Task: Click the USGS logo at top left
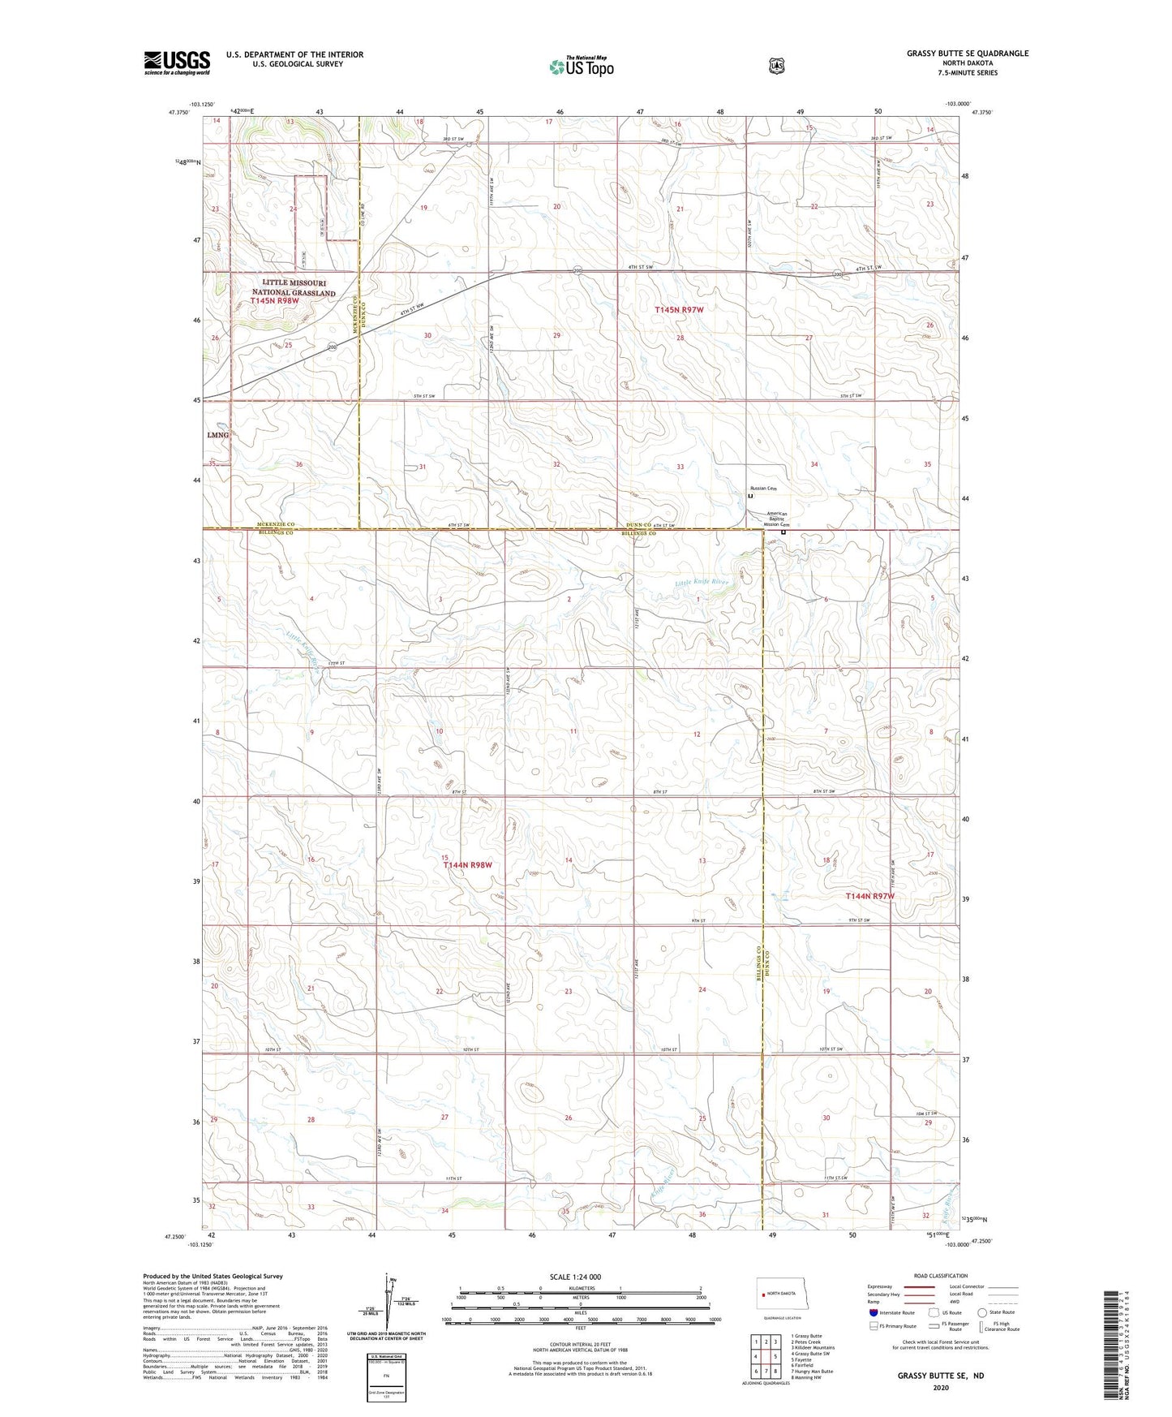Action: point(177,62)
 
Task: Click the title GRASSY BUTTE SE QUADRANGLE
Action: point(968,54)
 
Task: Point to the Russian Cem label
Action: point(763,489)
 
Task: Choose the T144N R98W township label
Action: point(468,865)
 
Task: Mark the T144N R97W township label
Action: point(869,896)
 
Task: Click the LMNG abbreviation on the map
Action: point(218,435)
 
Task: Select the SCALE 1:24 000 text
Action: point(575,1277)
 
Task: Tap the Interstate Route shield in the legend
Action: point(873,1312)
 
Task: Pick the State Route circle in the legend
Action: point(982,1312)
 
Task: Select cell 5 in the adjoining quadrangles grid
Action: point(776,1356)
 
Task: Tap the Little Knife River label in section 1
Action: point(702,582)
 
